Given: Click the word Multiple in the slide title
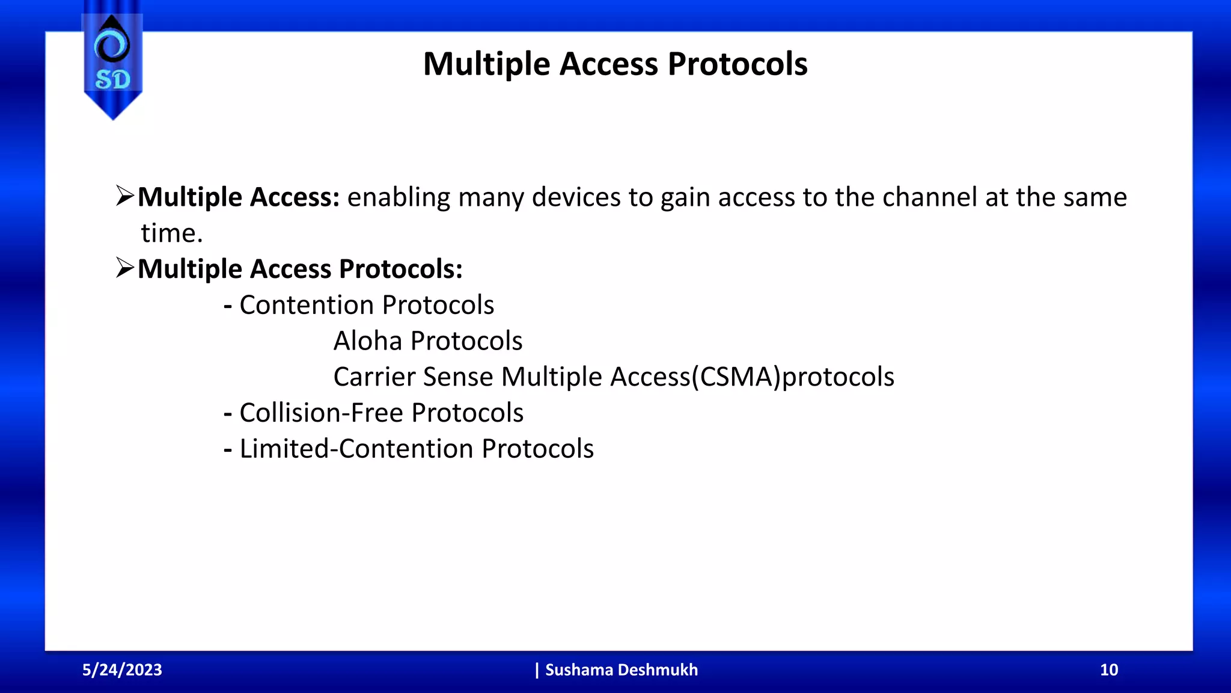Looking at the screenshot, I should (486, 64).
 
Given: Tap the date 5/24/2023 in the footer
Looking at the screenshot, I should (122, 670).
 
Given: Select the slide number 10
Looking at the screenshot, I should (1108, 670).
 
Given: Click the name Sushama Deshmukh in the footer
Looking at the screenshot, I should (621, 670).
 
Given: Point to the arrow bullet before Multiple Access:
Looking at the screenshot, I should (125, 196).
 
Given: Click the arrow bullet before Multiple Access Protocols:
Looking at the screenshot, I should (125, 268).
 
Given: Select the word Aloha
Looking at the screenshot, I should (368, 341).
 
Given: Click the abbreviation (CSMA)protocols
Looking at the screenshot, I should (792, 377).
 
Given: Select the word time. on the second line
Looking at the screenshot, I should (172, 233).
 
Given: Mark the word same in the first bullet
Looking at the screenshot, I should (1095, 197).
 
